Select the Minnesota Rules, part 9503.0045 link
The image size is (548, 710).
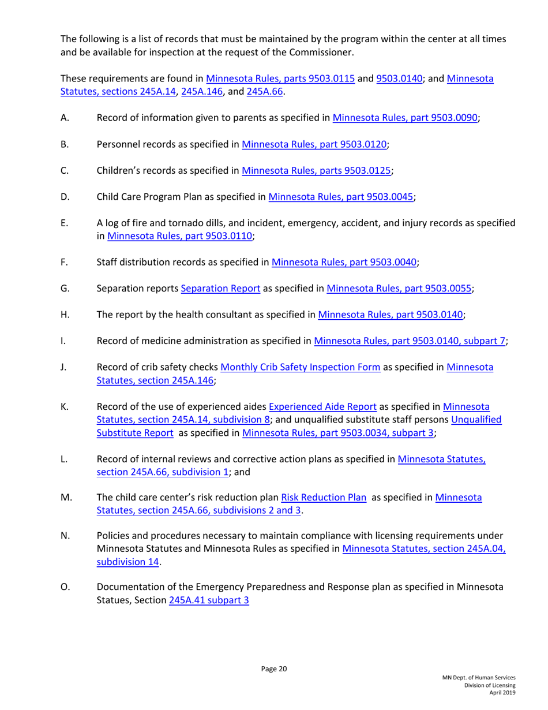[x=341, y=196]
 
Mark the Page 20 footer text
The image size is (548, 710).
[x=274, y=668]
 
